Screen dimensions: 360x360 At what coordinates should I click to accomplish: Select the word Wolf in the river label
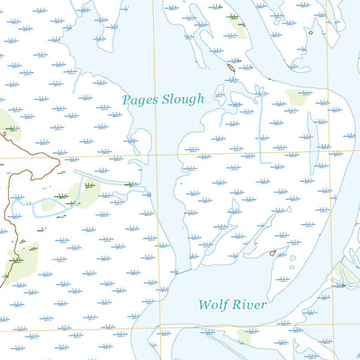(212, 305)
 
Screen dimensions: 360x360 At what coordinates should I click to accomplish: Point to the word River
(250, 305)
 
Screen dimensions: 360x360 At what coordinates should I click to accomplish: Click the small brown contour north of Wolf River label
(272, 253)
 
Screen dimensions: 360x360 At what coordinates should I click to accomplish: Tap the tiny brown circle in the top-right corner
(311, 32)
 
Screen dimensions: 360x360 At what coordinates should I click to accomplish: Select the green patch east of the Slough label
(298, 94)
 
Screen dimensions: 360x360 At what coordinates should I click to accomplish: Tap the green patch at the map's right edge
(345, 273)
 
